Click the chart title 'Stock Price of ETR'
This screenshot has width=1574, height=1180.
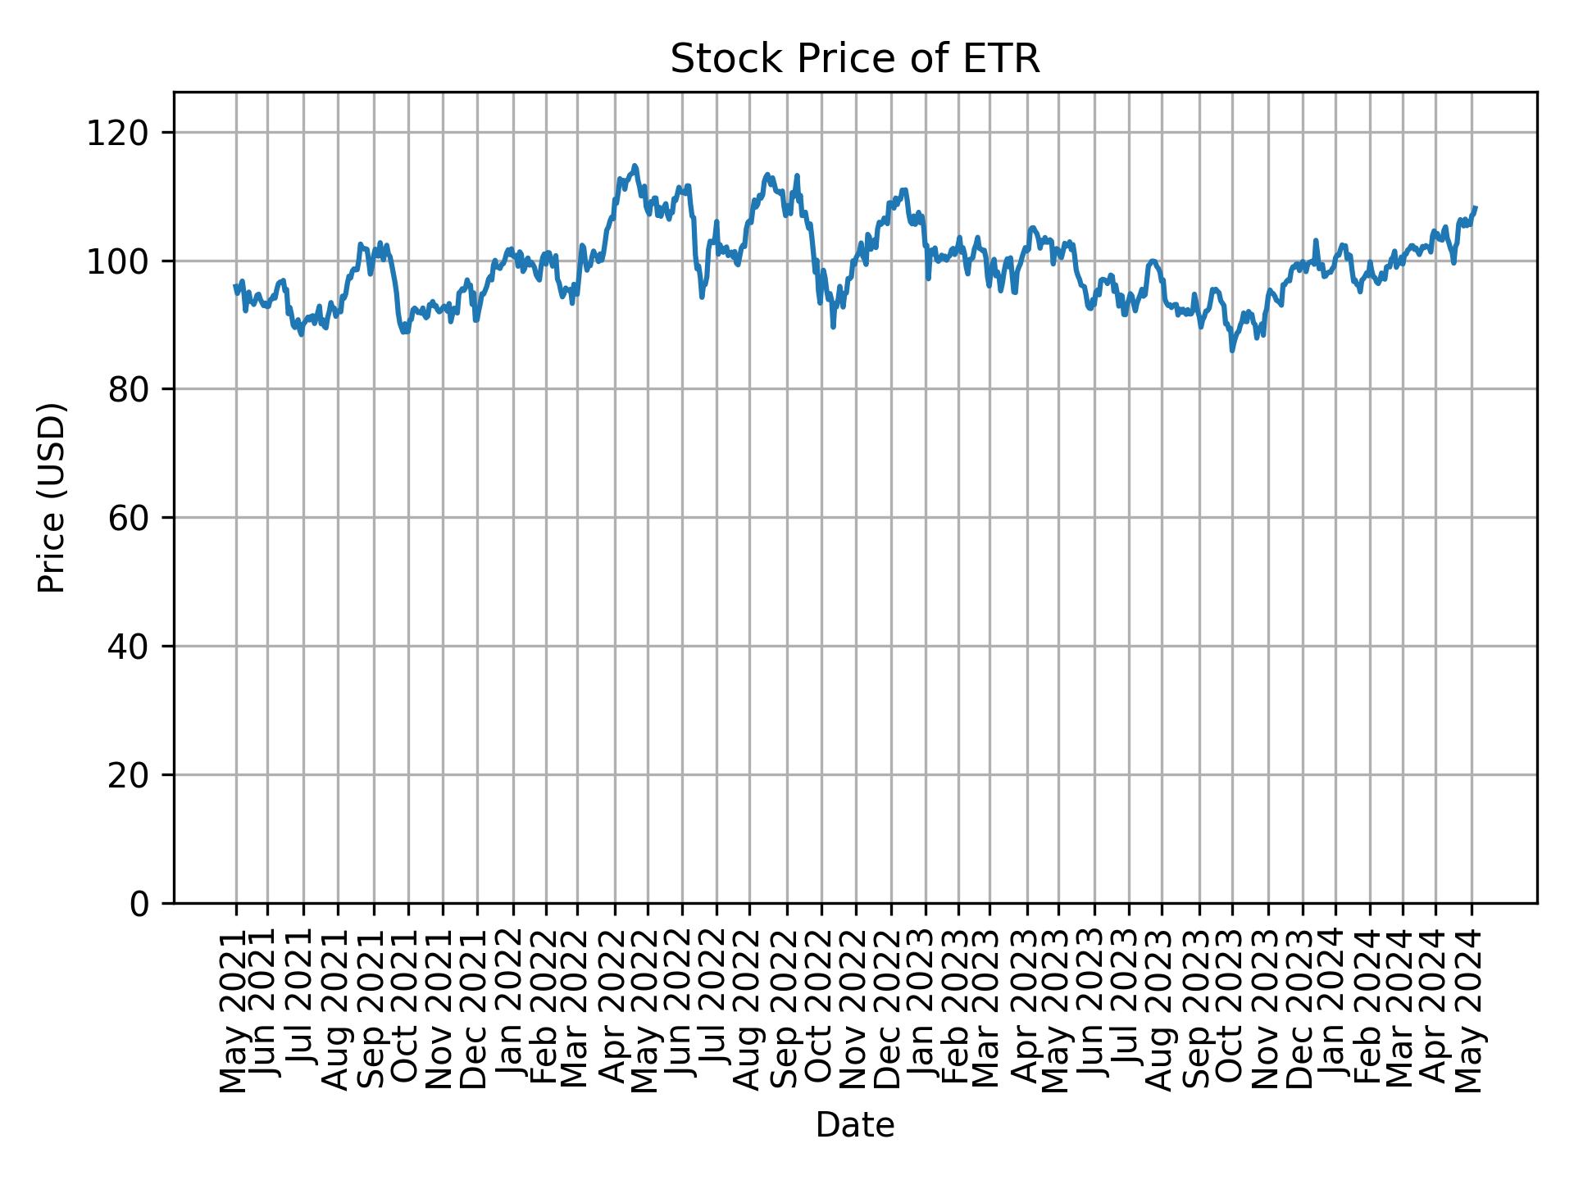pyautogui.click(x=854, y=60)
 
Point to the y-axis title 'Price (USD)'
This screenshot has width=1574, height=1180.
pyautogui.click(x=52, y=497)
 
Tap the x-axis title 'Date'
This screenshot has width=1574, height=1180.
pyautogui.click(x=854, y=1126)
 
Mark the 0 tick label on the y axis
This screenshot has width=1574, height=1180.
pyautogui.click(x=141, y=904)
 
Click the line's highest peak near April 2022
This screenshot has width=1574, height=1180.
pyautogui.click(x=635, y=166)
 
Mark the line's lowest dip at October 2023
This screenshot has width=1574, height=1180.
pyautogui.click(x=1231, y=351)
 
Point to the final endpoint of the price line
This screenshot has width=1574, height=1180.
pyautogui.click(x=1476, y=207)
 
